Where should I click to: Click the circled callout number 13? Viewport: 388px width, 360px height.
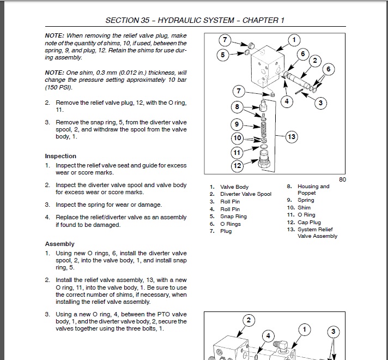point(291,137)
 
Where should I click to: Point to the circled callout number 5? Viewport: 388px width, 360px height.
point(223,54)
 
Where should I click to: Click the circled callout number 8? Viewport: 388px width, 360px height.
point(237,106)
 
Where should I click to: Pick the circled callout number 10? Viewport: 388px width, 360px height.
point(237,138)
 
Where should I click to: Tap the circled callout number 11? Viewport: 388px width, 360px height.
point(237,152)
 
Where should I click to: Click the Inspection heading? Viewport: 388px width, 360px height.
point(60,156)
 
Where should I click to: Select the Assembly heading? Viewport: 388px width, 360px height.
point(60,244)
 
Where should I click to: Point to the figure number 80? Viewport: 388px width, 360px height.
point(342,179)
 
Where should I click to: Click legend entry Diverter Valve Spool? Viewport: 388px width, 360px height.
point(245,194)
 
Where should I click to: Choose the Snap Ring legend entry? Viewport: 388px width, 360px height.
point(233,217)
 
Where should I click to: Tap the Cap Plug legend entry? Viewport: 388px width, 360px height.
point(309,223)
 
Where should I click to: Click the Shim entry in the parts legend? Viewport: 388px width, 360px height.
point(304,208)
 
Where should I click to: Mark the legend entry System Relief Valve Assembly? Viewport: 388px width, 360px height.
point(317,233)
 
